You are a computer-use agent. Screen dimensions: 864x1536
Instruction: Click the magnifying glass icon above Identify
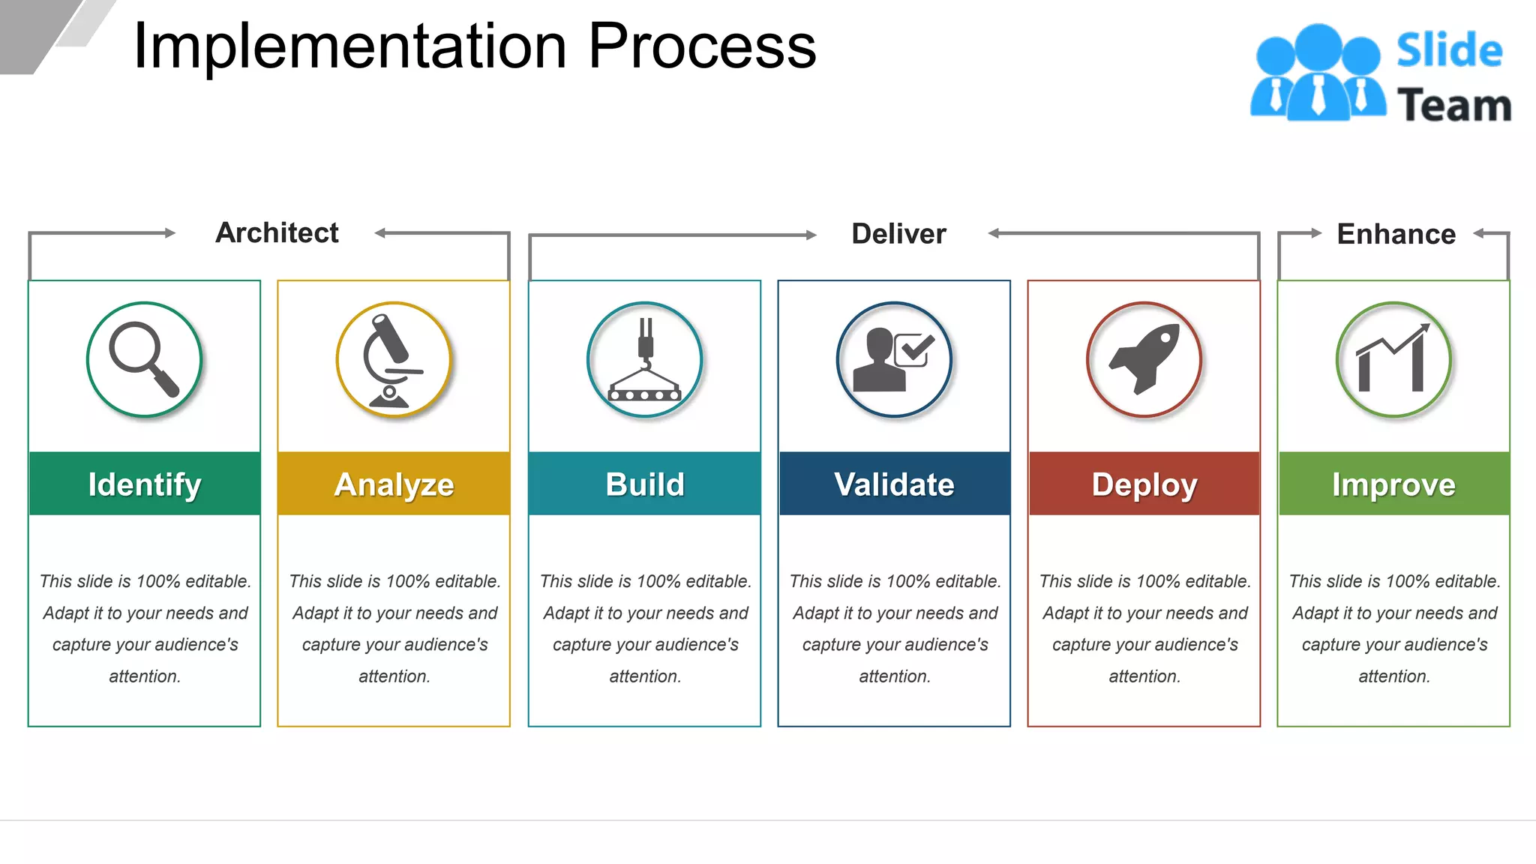(144, 359)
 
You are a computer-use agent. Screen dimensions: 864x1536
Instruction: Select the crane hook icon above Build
(644, 360)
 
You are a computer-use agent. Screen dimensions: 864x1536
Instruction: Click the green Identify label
(144, 484)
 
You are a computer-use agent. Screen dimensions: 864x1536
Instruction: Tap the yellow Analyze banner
(393, 484)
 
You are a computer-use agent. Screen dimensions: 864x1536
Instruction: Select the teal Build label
(644, 484)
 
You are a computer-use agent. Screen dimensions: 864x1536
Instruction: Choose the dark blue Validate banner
(894, 484)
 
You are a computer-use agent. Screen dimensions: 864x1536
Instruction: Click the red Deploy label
(1144, 484)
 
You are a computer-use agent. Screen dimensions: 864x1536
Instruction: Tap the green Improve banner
(1393, 484)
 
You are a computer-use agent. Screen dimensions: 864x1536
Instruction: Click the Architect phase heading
(277, 233)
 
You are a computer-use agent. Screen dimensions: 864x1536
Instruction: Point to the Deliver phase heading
(898, 234)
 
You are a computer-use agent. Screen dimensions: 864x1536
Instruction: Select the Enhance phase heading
(1396, 234)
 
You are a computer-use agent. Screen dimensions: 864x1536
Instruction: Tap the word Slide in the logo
(1449, 51)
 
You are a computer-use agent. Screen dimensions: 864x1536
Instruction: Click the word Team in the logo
(1453, 105)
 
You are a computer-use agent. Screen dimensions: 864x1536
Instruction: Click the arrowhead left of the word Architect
(170, 232)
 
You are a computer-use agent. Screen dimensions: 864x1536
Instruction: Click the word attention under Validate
(894, 676)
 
